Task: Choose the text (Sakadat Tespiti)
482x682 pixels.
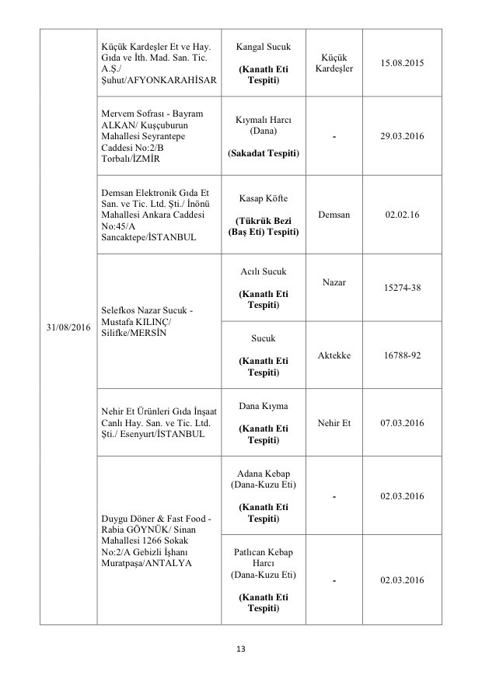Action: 263,154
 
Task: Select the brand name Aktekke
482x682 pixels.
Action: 334,355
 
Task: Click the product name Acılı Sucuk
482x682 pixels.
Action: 263,271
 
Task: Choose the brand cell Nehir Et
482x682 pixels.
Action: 334,423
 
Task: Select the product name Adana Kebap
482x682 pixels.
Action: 263,474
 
